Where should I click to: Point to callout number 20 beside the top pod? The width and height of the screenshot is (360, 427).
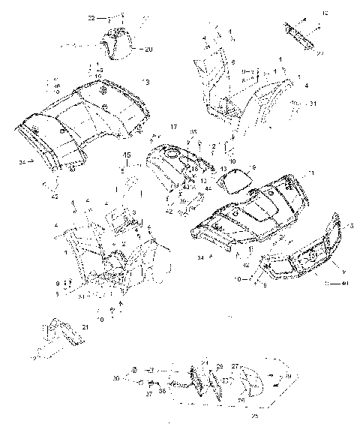coord(148,50)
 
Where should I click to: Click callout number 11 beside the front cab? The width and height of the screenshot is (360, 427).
coord(310,173)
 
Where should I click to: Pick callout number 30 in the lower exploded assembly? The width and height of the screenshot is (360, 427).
coord(116,377)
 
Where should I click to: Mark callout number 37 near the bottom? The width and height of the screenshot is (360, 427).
coord(148,392)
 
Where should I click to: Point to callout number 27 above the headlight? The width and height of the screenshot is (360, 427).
coord(235,366)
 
